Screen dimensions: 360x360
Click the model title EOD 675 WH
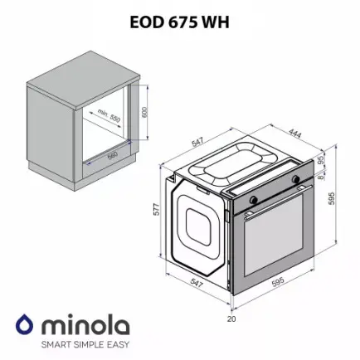click(179, 23)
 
